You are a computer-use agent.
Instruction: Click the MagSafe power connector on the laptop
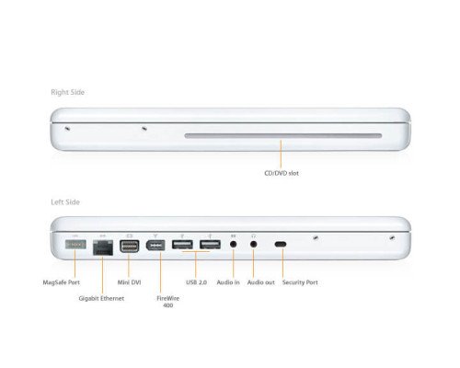(x=75, y=246)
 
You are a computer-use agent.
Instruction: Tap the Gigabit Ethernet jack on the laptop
(x=101, y=246)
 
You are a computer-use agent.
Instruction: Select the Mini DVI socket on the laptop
(x=129, y=246)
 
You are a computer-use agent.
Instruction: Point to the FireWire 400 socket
(x=155, y=246)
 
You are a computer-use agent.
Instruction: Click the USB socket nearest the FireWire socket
(x=182, y=246)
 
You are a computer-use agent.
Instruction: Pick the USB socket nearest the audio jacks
(x=209, y=246)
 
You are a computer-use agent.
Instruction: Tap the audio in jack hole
(x=234, y=246)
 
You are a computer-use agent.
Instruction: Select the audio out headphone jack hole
(x=253, y=246)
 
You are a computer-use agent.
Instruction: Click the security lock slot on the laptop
(x=281, y=246)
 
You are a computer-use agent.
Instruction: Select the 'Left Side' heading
(x=66, y=201)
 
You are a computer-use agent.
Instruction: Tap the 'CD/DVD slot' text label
(x=282, y=172)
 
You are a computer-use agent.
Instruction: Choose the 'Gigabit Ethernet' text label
(x=102, y=299)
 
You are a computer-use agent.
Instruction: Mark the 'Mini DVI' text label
(x=130, y=282)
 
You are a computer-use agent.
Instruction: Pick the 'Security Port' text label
(x=300, y=282)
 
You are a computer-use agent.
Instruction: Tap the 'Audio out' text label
(x=260, y=282)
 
